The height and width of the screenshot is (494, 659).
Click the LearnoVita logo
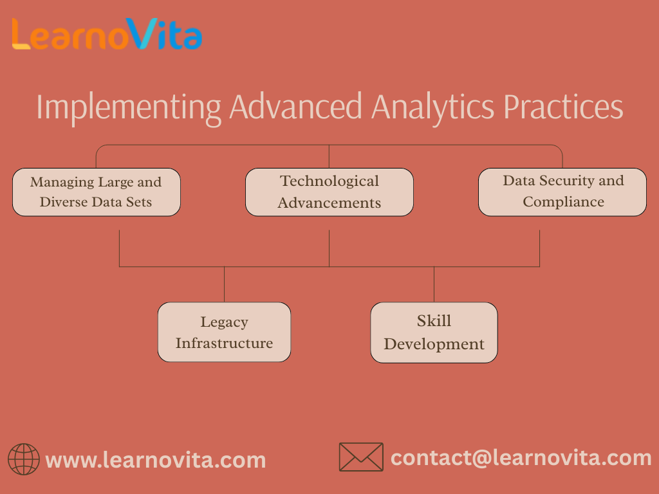(107, 33)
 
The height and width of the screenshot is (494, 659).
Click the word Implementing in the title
(129, 108)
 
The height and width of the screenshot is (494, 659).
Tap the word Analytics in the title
(433, 107)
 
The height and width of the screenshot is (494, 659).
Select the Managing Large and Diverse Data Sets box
(97, 192)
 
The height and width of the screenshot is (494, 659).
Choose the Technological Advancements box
(329, 192)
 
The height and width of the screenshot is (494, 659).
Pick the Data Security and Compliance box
(562, 192)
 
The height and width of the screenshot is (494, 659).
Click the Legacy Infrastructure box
(224, 332)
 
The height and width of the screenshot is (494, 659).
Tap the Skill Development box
(434, 333)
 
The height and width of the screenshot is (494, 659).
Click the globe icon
(24, 459)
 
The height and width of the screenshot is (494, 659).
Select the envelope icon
(361, 457)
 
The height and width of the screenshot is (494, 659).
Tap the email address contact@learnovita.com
(521, 458)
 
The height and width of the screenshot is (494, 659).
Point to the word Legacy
(224, 322)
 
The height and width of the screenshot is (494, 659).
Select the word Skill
(434, 320)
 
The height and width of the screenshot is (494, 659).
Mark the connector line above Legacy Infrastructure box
(224, 284)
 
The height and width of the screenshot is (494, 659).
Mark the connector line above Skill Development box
(434, 284)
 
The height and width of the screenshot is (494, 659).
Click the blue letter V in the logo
(142, 33)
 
